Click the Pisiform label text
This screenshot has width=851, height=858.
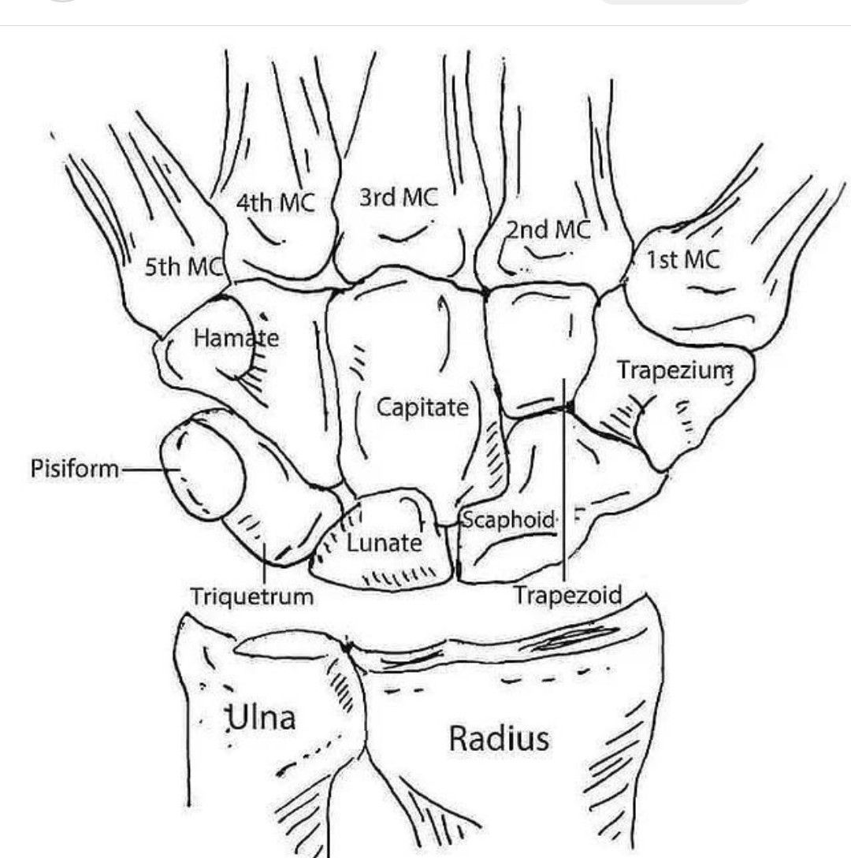tap(75, 470)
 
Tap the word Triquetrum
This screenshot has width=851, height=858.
tap(252, 596)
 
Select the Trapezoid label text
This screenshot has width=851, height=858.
tap(568, 594)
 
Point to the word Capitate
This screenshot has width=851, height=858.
tap(422, 407)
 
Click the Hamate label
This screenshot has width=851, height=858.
tap(236, 339)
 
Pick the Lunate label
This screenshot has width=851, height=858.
tap(385, 543)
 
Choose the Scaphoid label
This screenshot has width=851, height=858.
tap(509, 520)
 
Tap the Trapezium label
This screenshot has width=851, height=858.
tap(675, 370)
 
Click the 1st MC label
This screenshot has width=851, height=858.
tap(683, 259)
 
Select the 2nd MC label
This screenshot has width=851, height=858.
tap(548, 229)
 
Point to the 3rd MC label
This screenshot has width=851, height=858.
tap(399, 197)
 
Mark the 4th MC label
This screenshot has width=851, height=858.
tap(275, 203)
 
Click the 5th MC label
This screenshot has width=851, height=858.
tap(184, 268)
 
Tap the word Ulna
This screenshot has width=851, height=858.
tap(262, 719)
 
